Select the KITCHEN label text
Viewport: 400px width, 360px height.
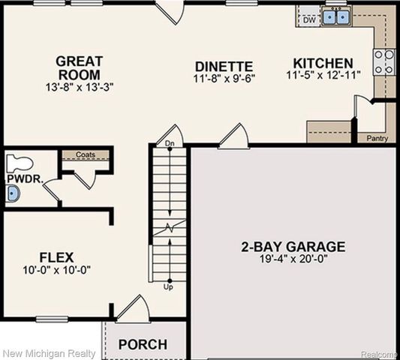[x=323, y=63]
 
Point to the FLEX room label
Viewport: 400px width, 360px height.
[x=57, y=257]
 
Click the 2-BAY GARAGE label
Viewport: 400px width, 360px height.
[x=293, y=246]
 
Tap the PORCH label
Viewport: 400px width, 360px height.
[x=142, y=344]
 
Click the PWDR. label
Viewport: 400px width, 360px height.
[x=18, y=180]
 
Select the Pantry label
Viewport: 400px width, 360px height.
[x=377, y=138]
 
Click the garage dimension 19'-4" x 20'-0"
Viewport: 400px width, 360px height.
[x=293, y=259]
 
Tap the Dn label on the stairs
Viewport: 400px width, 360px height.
[x=170, y=142]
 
